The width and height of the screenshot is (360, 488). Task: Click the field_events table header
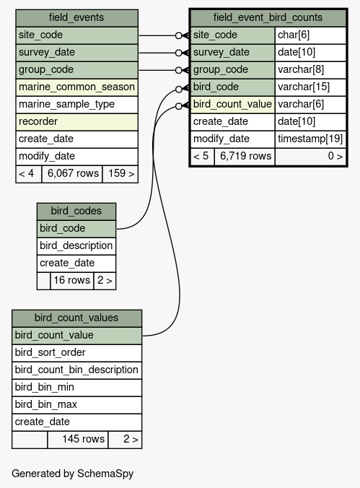(x=76, y=18)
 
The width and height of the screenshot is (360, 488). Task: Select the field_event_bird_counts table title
(x=268, y=18)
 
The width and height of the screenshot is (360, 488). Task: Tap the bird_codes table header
(x=76, y=212)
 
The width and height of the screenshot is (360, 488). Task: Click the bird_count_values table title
(x=76, y=318)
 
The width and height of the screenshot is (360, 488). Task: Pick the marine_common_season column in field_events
(x=76, y=87)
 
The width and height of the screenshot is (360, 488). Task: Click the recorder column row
(x=76, y=122)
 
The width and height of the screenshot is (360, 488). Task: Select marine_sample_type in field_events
(x=76, y=105)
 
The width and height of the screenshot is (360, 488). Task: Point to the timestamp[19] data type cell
(x=310, y=139)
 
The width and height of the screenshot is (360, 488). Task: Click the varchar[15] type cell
(x=310, y=87)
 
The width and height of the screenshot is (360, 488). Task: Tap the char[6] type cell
(x=310, y=35)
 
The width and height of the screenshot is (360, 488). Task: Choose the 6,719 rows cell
(x=245, y=157)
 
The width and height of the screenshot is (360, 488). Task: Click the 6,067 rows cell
(x=72, y=174)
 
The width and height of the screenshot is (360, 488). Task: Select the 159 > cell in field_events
(x=120, y=174)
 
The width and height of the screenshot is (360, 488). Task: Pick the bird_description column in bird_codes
(x=76, y=246)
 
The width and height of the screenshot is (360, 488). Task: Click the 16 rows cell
(x=72, y=281)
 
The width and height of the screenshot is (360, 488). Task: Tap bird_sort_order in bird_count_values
(x=76, y=353)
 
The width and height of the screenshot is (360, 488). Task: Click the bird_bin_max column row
(x=76, y=405)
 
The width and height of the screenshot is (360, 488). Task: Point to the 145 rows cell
(x=78, y=440)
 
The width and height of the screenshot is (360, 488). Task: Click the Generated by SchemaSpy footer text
(x=72, y=474)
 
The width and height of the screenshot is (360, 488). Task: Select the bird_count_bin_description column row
(x=76, y=370)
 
